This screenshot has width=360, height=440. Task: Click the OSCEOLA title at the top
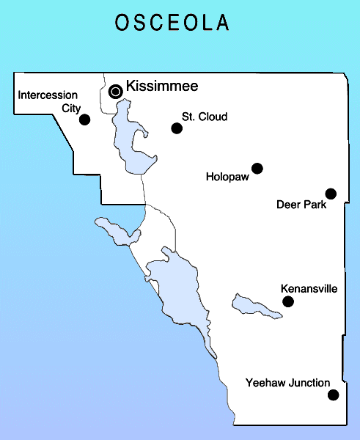[x=172, y=23]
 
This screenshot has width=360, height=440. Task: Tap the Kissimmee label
[x=162, y=87]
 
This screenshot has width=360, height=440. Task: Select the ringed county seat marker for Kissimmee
[x=116, y=91]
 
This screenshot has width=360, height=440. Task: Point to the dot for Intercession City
[x=84, y=120]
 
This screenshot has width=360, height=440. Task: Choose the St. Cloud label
[x=205, y=117]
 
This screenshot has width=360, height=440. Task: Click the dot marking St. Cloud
[x=177, y=128]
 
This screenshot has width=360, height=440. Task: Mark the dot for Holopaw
[x=257, y=169]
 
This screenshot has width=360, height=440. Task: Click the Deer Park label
[x=300, y=204]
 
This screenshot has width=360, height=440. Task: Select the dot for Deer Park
[x=331, y=194]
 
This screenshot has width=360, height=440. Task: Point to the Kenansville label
[x=309, y=289]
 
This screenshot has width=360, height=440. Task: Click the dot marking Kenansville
[x=288, y=301]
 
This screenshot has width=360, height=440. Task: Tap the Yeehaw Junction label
[x=287, y=383]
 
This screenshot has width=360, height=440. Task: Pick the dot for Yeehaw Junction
[x=334, y=395]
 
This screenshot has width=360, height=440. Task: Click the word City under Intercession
[x=71, y=107]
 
